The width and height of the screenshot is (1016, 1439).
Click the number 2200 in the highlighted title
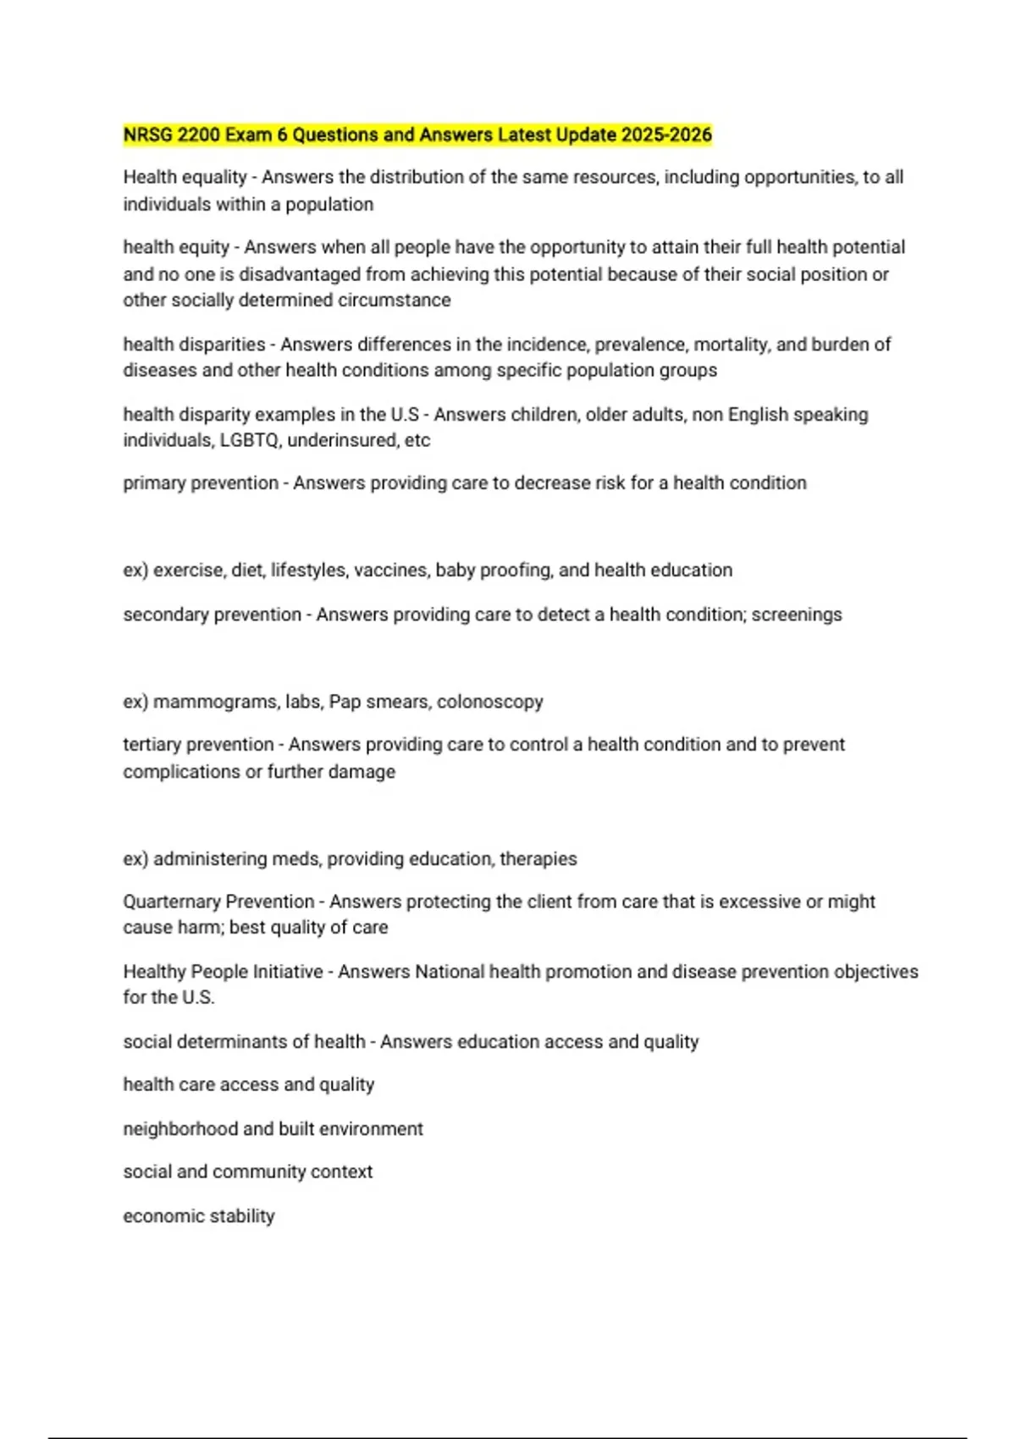coord(199,135)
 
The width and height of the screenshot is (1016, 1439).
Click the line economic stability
coord(199,1216)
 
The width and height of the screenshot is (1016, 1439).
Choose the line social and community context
coord(247,1172)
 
